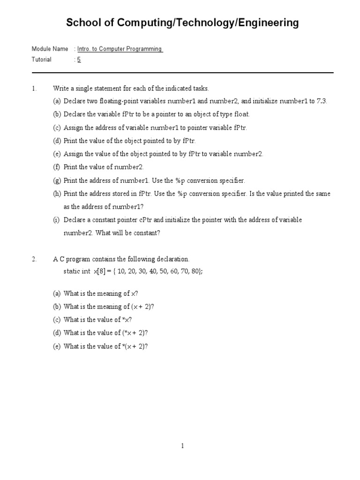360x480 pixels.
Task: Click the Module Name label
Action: click(50, 49)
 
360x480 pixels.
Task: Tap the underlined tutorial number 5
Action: click(79, 60)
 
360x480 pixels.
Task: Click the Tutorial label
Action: click(41, 60)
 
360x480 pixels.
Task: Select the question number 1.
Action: click(34, 88)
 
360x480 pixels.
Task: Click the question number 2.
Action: click(34, 259)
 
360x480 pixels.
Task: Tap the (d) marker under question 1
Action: click(57, 141)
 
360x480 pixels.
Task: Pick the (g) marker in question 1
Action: click(57, 180)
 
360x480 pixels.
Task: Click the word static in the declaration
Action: click(71, 271)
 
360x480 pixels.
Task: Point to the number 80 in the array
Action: click(195, 271)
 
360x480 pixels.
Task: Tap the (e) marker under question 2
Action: click(57, 346)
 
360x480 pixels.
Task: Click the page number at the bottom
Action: click(182, 446)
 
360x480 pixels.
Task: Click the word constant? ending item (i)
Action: click(147, 233)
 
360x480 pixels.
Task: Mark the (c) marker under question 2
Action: click(57, 320)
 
